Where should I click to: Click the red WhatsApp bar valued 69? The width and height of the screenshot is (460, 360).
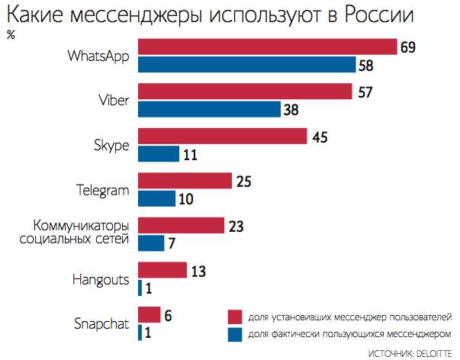pos(267,47)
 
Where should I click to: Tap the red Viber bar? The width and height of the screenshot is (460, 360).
pos(244,92)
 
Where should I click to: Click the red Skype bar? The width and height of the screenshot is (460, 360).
pos(222,137)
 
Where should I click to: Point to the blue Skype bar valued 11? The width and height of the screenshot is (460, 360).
pos(158,153)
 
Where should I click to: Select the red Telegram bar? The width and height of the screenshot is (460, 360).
pos(184,181)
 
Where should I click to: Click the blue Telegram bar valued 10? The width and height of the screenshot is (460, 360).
pos(156,198)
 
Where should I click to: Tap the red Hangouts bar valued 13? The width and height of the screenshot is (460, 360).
pos(162,270)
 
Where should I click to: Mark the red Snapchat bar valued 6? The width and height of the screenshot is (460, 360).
pos(149,314)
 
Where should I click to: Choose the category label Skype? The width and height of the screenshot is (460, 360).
pos(112,145)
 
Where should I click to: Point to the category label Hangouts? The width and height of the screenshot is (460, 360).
pos(102,279)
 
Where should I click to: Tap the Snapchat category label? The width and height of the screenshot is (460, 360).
pos(102,323)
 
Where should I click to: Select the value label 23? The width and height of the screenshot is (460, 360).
pos(236,226)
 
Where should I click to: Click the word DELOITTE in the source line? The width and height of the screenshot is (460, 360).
pos(432,353)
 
